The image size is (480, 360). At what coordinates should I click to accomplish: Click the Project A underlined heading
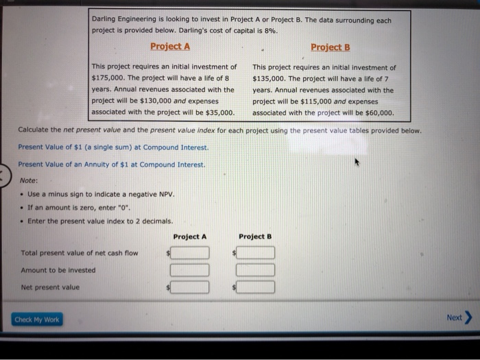[x=170, y=47]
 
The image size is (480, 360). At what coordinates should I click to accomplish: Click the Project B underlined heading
[x=330, y=47]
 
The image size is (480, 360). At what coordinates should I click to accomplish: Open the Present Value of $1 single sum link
[x=113, y=147]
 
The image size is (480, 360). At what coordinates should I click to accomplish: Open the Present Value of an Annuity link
[x=111, y=165]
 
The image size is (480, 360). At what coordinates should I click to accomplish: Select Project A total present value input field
[x=191, y=253]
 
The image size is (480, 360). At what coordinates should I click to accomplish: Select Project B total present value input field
[x=256, y=253]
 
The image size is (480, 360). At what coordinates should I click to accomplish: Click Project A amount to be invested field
[x=191, y=270]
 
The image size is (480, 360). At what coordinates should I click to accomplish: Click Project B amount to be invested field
[x=256, y=270]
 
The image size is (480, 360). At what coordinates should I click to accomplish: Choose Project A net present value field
[x=191, y=287]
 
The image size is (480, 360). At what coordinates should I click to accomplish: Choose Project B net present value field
[x=256, y=287]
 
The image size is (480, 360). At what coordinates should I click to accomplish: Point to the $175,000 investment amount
[x=108, y=78]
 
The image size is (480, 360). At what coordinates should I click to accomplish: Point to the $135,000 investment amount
[x=269, y=79]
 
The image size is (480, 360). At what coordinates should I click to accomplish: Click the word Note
[x=28, y=180]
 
